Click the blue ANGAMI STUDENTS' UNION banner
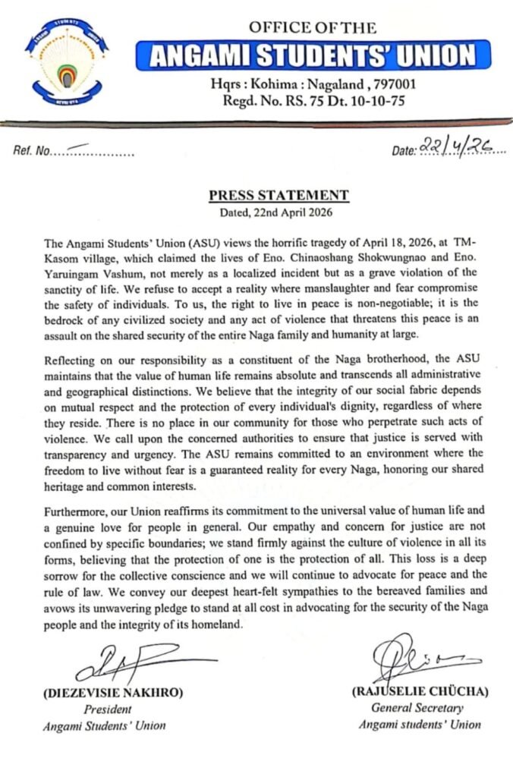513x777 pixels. point(312,55)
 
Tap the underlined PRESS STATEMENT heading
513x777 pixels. point(279,195)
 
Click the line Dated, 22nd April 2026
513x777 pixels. point(279,212)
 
